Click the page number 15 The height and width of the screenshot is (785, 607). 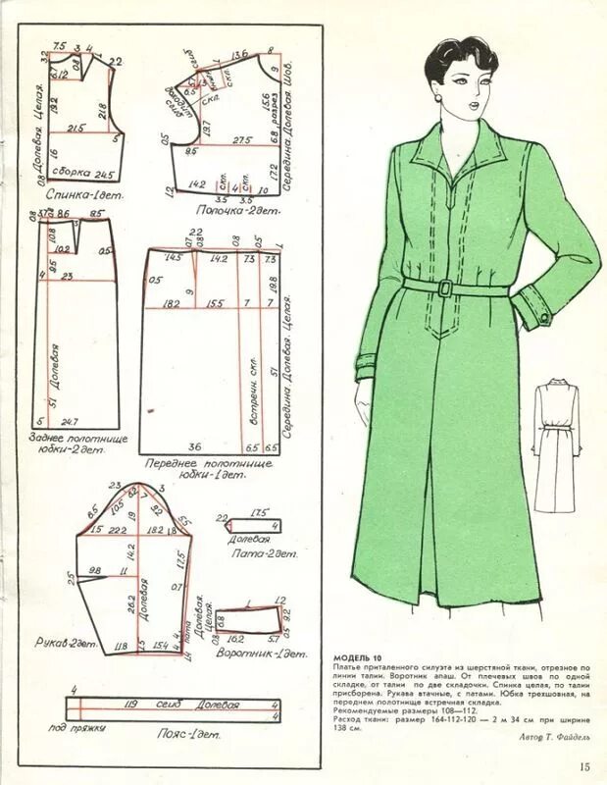[584, 767]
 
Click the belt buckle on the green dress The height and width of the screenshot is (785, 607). [444, 287]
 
